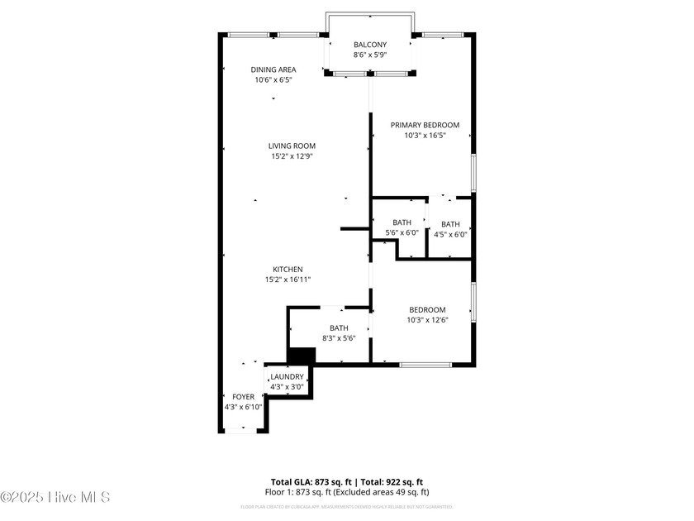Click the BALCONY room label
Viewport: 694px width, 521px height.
[x=369, y=45]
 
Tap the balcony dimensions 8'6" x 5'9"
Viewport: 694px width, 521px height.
[x=369, y=55]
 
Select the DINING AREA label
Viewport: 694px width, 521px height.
[x=273, y=69]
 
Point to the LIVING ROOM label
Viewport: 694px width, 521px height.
[x=292, y=146]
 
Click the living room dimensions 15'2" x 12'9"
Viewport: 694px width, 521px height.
[x=292, y=156]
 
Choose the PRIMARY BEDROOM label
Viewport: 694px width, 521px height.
[x=425, y=125]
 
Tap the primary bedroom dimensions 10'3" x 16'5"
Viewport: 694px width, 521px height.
[x=425, y=136]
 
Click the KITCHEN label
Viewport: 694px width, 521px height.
[x=288, y=269]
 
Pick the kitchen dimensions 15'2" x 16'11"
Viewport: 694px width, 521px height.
[x=288, y=280]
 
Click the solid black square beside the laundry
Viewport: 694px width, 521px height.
[x=302, y=355]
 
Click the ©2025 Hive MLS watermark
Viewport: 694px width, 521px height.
[x=55, y=497]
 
